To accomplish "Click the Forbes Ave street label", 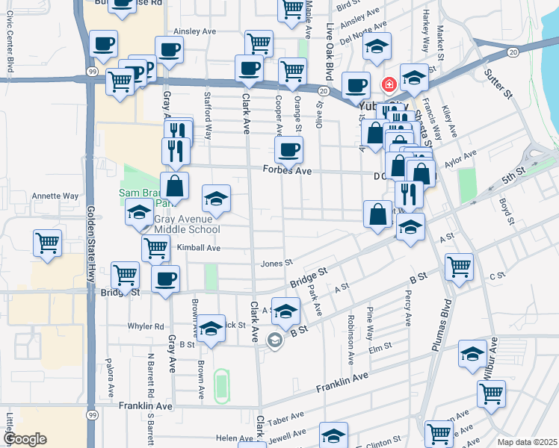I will pyautogui.click(x=287, y=170).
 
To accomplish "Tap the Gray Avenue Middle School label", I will pyautogui.click(x=187, y=224).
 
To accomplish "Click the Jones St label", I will pyautogui.click(x=276, y=264).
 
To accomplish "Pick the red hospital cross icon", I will pyautogui.click(x=388, y=84).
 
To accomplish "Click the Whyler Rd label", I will pyautogui.click(x=146, y=326).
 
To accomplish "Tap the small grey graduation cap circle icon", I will pyautogui.click(x=274, y=340).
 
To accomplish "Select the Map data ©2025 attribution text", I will pyautogui.click(x=526, y=442).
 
